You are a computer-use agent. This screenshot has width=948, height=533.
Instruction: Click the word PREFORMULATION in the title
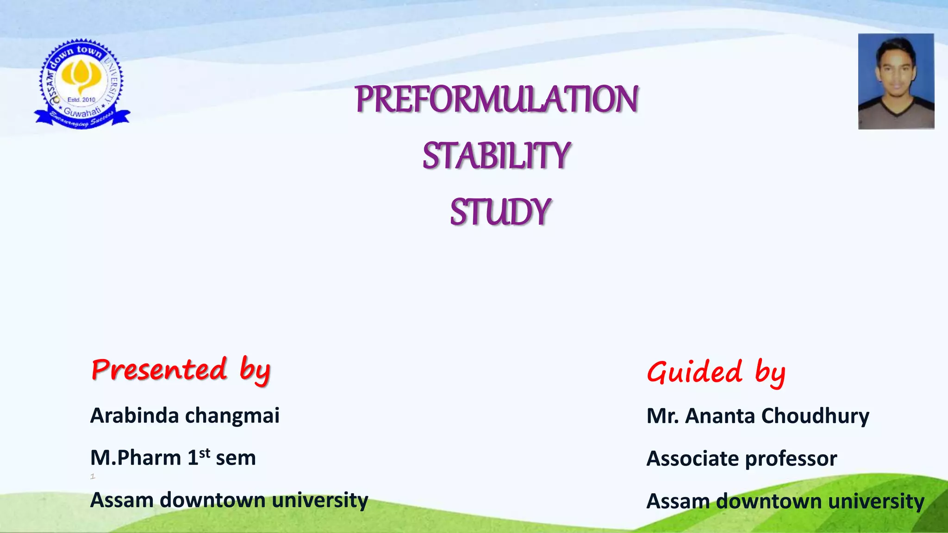pos(497,99)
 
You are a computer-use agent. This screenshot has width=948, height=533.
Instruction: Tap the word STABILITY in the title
pos(496,156)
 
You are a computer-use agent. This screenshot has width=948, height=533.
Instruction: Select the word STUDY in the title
pos(500,212)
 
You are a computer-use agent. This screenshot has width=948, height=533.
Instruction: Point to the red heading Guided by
pos(716,372)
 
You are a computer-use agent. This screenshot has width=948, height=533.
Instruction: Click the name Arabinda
pos(134,415)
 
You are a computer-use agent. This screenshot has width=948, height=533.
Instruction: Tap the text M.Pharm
pos(136,458)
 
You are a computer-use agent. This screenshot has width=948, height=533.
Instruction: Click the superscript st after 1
pos(205,452)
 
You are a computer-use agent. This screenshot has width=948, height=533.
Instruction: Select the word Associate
pos(692,459)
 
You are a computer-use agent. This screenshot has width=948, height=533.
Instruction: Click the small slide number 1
pos(93,476)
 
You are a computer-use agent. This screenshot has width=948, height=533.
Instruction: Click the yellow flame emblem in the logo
pos(81,75)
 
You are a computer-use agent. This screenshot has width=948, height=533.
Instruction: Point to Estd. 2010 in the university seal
pos(81,99)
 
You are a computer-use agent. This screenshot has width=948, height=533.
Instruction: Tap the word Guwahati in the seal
pos(81,112)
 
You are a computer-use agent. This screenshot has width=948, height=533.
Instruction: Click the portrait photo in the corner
pos(896,81)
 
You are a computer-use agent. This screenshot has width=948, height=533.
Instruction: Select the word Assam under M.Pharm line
pos(121,500)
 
